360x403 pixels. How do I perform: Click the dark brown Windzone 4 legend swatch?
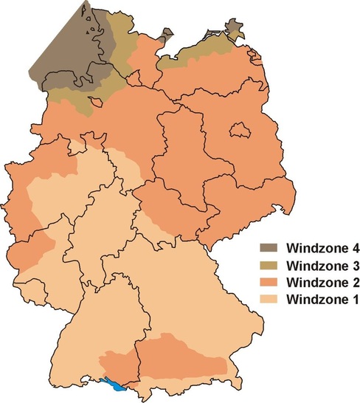point(257,248)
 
